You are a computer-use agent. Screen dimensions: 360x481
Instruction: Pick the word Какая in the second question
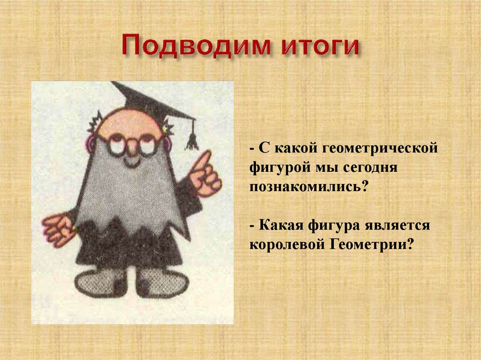282,225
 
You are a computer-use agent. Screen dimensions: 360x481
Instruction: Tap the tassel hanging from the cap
191,139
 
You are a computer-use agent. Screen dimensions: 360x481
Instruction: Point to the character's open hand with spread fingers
57,229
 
